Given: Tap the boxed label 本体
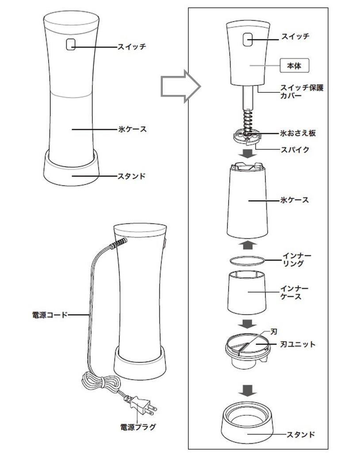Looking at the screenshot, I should click(294, 65).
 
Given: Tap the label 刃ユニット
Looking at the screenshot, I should click(299, 344).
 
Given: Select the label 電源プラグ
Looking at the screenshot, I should click(138, 427).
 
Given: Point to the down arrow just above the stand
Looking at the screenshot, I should click(249, 390).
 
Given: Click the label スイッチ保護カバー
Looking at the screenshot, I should click(302, 92).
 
